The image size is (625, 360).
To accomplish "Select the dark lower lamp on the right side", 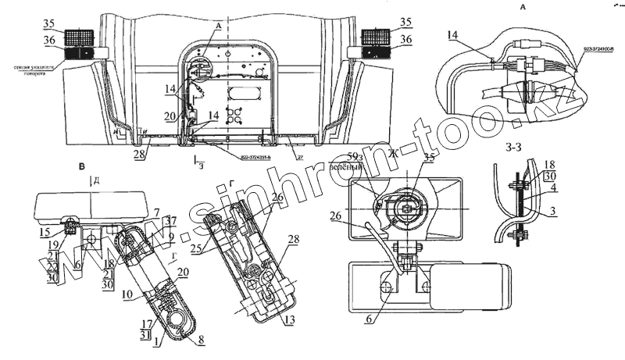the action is [x=377, y=54].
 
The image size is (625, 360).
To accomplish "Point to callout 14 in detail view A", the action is [x=455, y=35].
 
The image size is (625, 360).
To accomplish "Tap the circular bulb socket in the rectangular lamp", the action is [x=406, y=206].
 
